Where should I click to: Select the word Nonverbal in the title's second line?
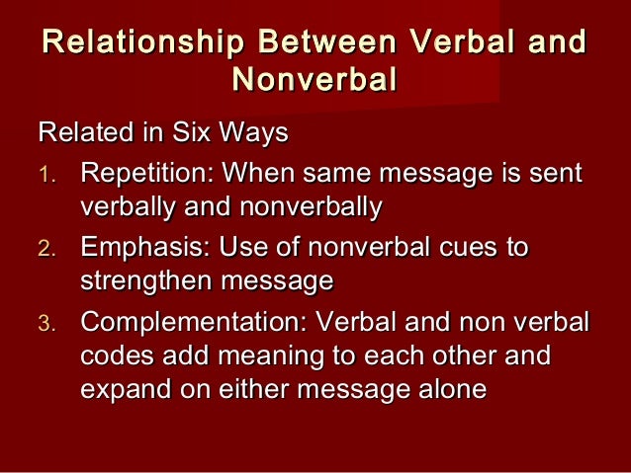314,79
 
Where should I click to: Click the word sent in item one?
560,175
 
